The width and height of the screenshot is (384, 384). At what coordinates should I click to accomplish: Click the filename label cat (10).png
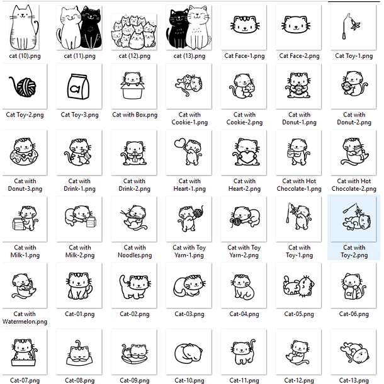25,56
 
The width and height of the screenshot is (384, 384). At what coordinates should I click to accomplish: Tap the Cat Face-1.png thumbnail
244,26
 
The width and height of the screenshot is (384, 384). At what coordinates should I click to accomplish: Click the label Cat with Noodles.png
134,252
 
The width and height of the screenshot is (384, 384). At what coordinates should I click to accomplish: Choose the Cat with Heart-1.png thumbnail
189,152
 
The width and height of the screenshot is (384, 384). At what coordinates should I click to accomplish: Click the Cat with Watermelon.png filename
25,318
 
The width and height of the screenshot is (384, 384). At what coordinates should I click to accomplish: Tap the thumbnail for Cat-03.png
189,286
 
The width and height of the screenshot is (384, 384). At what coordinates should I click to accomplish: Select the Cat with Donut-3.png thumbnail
25,152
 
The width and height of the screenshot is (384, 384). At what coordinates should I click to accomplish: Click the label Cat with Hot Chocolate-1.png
299,185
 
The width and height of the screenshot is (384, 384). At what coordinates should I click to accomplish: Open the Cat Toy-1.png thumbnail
354,26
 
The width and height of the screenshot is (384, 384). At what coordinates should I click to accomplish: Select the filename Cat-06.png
354,314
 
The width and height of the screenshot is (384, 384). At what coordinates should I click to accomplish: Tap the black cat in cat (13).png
178,29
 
